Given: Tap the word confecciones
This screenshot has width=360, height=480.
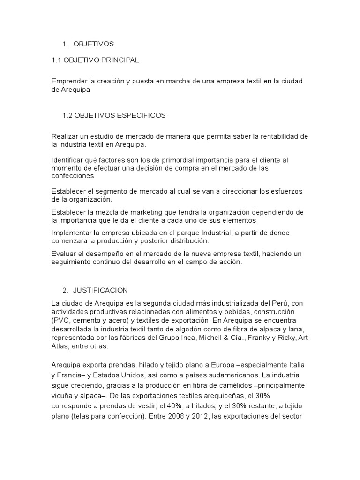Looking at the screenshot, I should (73, 176).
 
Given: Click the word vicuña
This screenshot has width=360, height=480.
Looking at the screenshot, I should (63, 395).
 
